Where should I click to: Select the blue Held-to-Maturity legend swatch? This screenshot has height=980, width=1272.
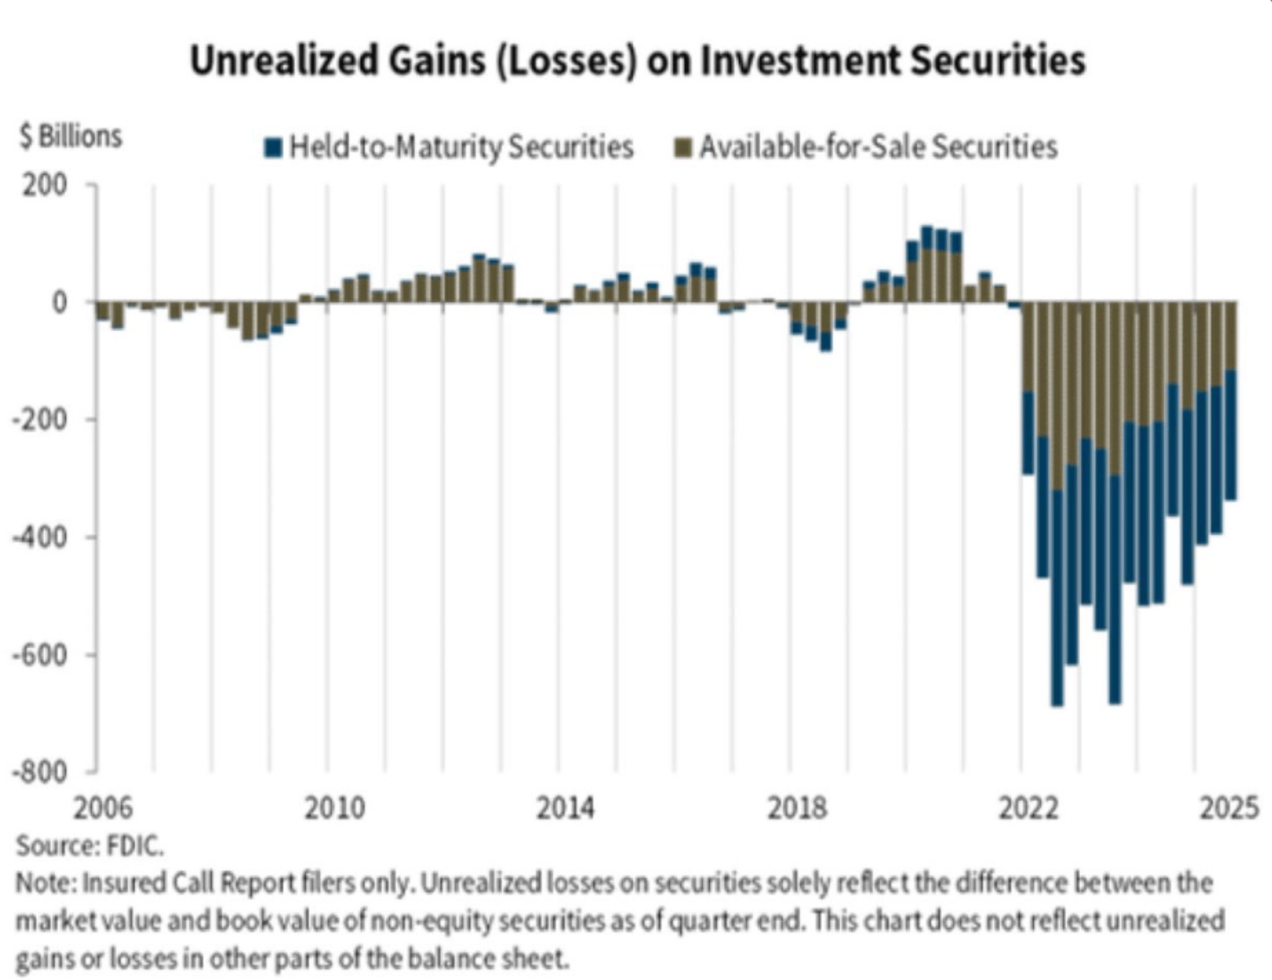(x=273, y=147)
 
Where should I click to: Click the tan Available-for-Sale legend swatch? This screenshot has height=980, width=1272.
(x=684, y=147)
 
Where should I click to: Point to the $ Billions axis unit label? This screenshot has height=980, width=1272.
(x=71, y=136)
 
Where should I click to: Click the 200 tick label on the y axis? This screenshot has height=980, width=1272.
(x=46, y=186)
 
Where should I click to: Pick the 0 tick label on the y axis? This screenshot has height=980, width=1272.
(x=60, y=303)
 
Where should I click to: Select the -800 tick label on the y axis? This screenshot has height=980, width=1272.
(x=39, y=772)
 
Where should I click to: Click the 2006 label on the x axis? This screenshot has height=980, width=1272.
(x=103, y=809)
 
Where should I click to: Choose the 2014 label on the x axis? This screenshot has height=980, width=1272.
(x=565, y=809)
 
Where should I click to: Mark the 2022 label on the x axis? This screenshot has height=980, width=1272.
(x=1028, y=809)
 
